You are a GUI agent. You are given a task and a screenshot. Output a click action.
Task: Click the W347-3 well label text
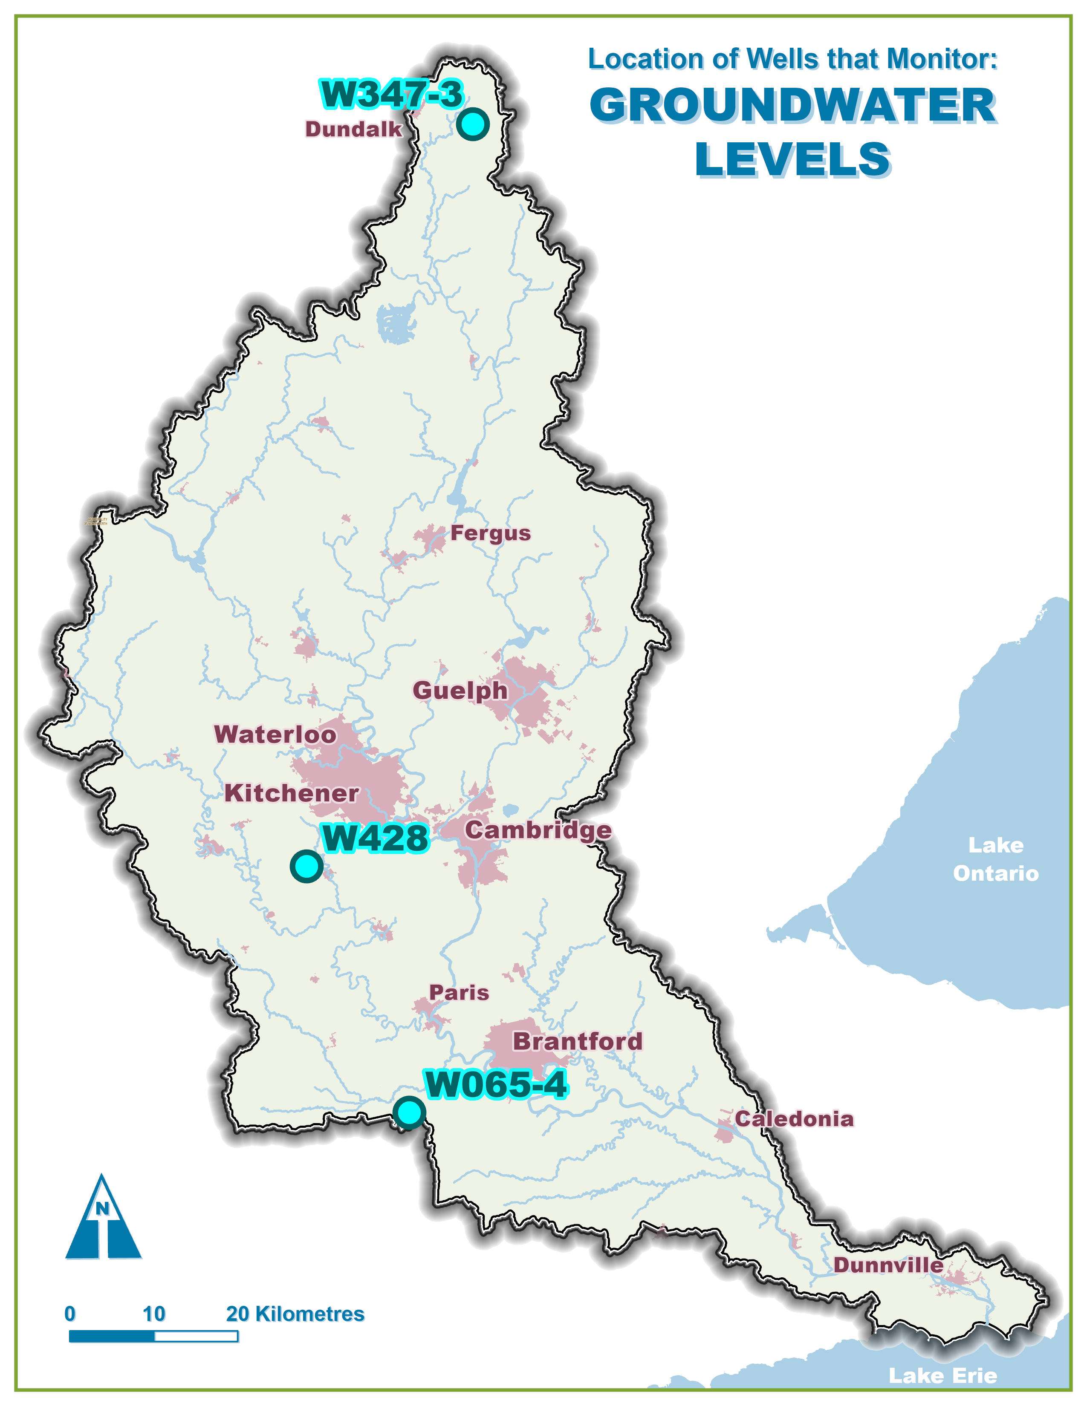391,95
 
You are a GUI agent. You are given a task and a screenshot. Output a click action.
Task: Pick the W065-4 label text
496,1084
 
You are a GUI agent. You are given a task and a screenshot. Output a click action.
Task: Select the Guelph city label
460,690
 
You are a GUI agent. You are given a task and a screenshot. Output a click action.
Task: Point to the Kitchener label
291,793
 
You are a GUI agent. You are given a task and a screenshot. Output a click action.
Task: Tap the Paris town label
459,993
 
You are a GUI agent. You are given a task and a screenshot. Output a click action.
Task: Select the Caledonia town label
794,1118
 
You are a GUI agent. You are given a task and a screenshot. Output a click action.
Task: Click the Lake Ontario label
995,859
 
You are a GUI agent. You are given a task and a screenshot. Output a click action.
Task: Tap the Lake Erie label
943,1376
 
